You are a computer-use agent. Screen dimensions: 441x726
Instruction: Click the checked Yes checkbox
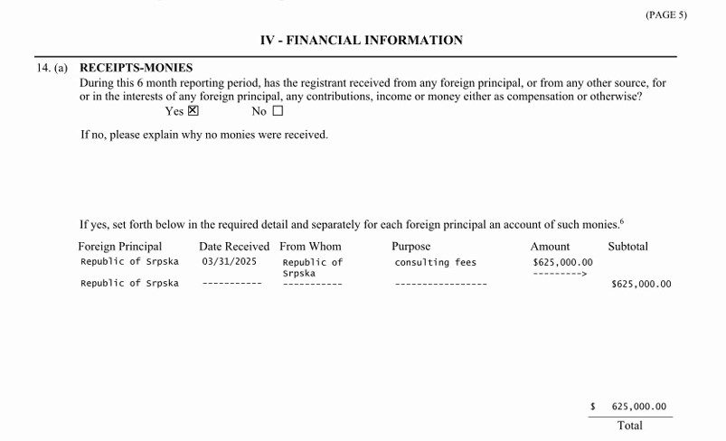click(x=193, y=112)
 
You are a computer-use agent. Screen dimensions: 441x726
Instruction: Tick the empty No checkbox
click(x=278, y=112)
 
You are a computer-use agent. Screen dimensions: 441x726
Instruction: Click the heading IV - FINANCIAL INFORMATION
click(x=361, y=41)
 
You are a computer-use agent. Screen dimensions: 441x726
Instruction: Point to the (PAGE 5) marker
click(x=665, y=15)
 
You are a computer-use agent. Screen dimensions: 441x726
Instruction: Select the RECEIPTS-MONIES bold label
click(x=137, y=68)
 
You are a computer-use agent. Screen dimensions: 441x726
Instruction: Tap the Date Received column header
click(x=234, y=246)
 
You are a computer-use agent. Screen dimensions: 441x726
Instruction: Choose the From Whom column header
click(x=311, y=246)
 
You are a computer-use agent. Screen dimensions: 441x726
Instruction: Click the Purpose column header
click(x=411, y=246)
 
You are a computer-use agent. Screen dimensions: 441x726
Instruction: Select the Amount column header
click(x=550, y=246)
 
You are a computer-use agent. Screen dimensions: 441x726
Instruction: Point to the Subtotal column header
click(x=627, y=246)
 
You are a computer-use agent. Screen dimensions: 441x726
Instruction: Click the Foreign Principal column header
click(x=120, y=246)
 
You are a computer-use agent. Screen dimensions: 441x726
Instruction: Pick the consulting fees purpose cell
click(x=435, y=262)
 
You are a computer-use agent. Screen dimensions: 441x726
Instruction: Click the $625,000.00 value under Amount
click(x=562, y=262)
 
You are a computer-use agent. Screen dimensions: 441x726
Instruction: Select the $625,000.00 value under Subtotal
click(x=641, y=284)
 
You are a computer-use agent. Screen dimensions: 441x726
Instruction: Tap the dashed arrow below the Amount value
click(x=561, y=273)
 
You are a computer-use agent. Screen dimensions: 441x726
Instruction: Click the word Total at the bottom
click(x=629, y=425)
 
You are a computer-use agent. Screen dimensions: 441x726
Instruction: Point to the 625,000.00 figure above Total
click(x=638, y=407)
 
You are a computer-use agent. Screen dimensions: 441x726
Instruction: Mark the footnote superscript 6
click(x=622, y=220)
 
